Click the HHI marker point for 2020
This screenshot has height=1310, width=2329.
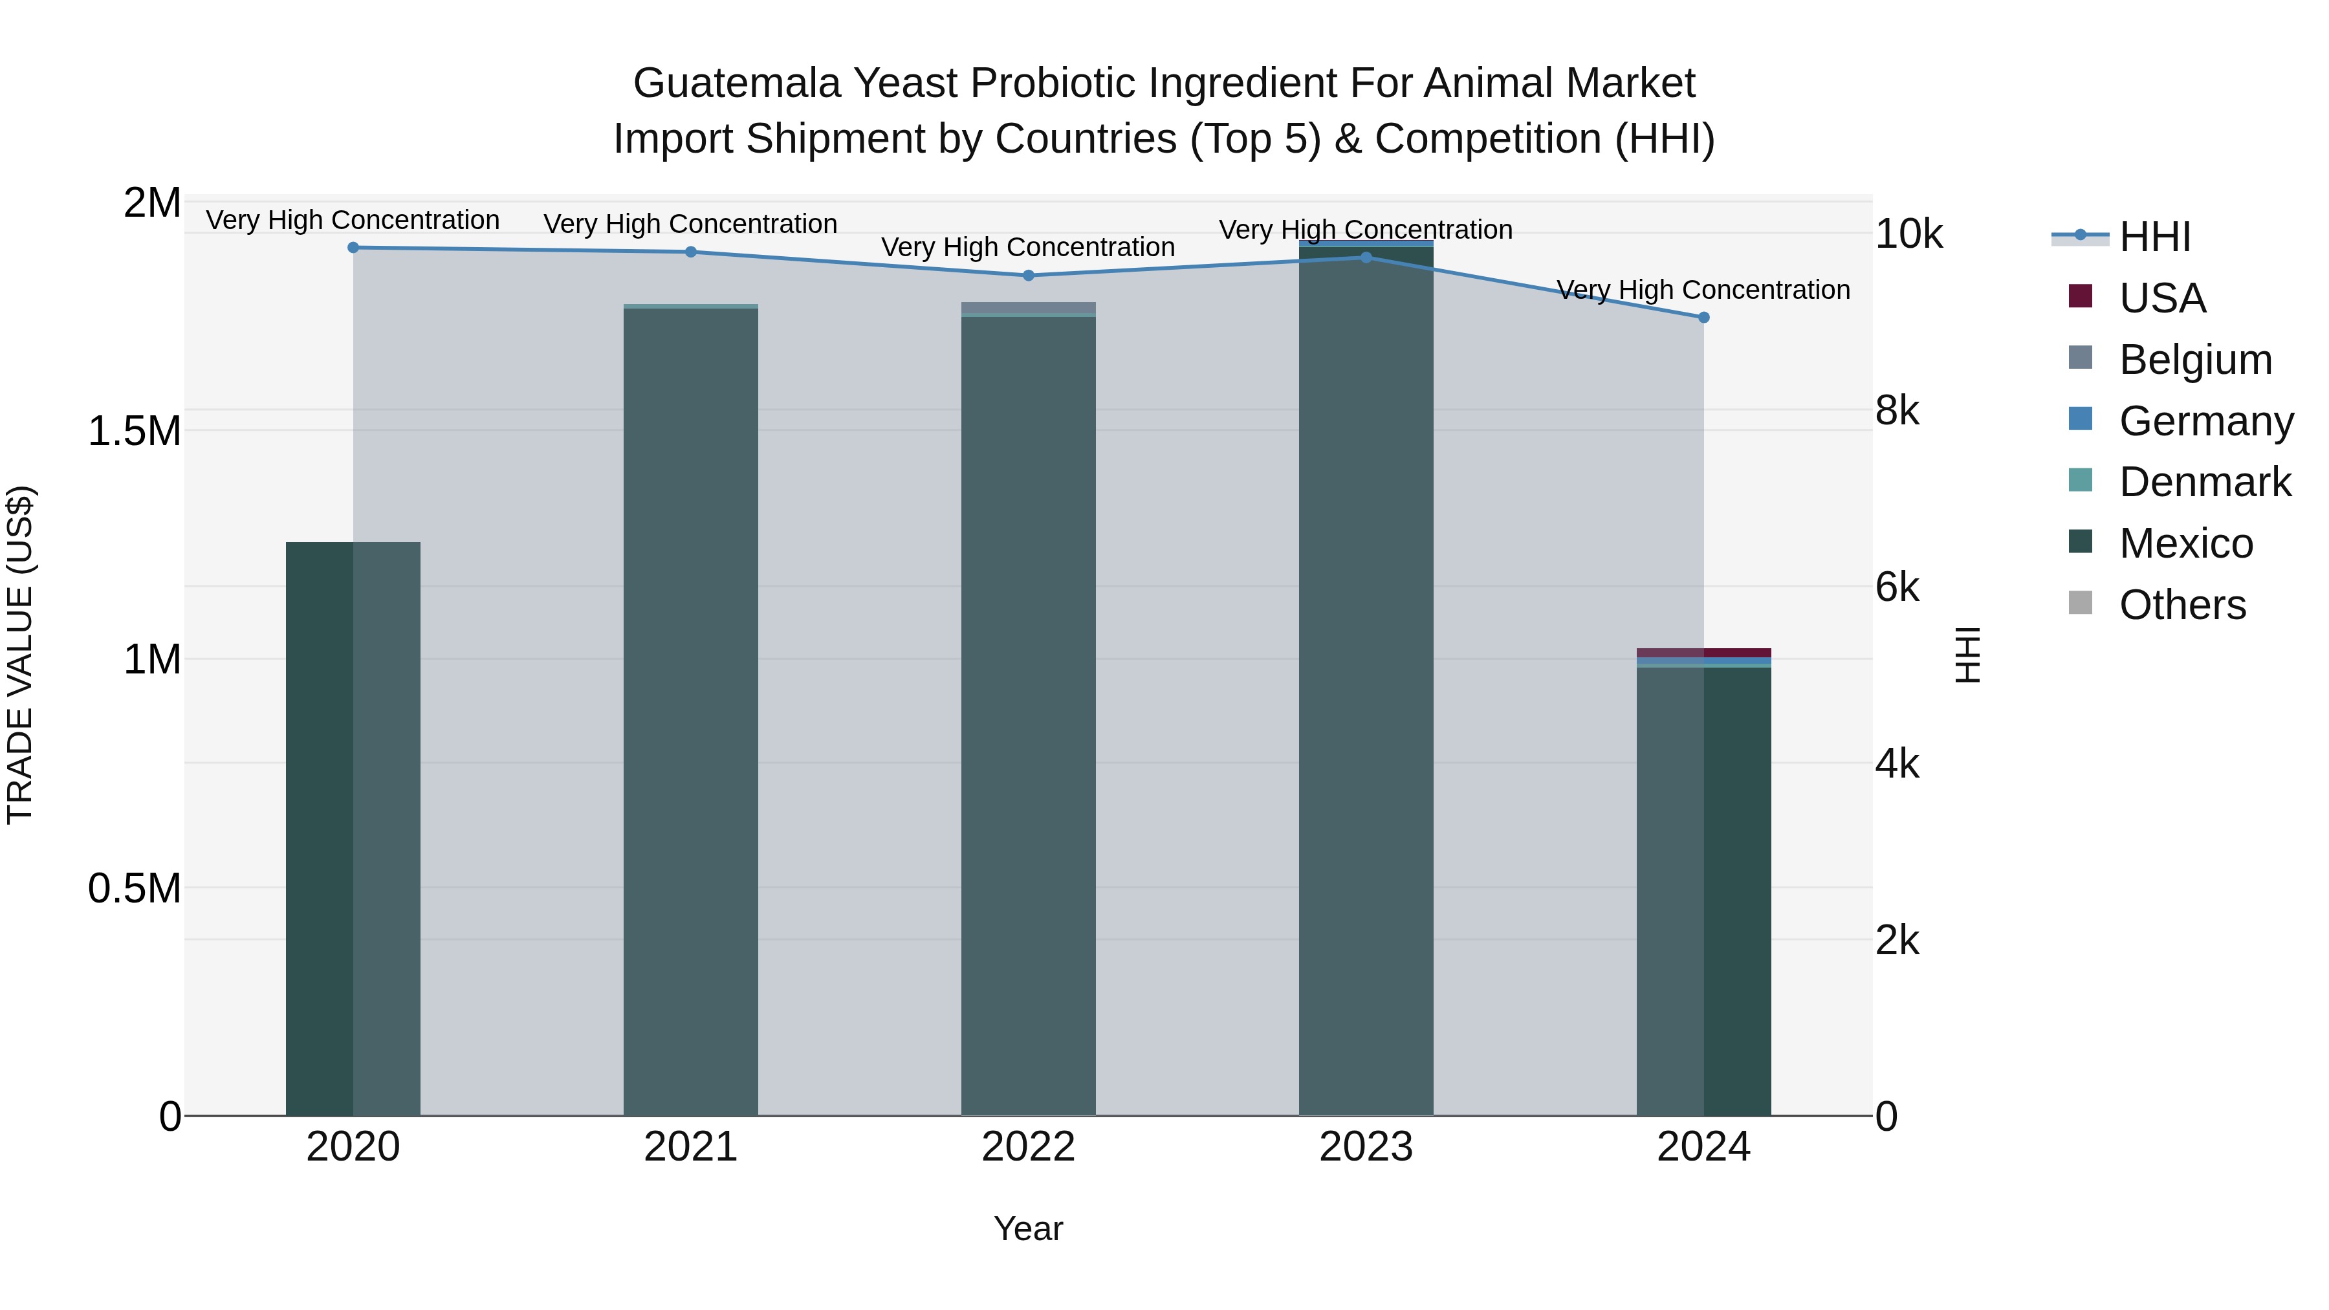(353, 248)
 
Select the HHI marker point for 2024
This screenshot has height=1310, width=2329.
(1703, 318)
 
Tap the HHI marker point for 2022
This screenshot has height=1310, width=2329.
(1028, 276)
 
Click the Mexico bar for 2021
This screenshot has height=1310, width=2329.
(691, 714)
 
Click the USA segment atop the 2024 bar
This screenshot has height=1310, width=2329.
(1703, 653)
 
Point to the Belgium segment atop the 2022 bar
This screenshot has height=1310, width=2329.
(1028, 307)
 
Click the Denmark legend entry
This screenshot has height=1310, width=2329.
(2203, 482)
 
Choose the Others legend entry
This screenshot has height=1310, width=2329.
(2181, 605)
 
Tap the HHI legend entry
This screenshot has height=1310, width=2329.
(2154, 237)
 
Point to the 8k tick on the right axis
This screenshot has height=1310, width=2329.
(1897, 411)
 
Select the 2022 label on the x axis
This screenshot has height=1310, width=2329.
(1028, 1147)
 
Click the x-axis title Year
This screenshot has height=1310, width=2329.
(1028, 1228)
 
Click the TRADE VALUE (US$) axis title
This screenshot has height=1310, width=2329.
(20, 655)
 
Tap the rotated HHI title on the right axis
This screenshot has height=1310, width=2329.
(1967, 655)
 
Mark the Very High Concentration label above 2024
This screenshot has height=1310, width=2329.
(1703, 290)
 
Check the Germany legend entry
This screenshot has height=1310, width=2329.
(2205, 421)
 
